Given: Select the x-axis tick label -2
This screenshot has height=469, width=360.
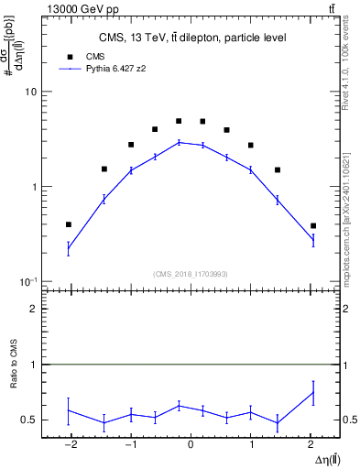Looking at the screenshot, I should [69, 445].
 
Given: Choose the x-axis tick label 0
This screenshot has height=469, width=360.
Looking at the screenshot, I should [191, 445].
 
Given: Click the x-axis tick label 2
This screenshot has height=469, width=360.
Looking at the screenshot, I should [311, 445].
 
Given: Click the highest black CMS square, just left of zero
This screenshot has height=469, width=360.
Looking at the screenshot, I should [179, 121].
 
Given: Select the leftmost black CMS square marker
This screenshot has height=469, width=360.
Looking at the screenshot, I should [69, 224].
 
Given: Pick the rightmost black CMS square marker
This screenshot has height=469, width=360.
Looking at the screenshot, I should [312, 225].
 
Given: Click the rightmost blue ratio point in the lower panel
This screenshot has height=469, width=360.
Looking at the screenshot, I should [312, 392].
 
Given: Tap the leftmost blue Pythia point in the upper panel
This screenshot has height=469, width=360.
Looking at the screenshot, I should [69, 248].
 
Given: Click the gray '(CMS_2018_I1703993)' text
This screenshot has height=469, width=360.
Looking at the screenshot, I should [191, 273].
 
